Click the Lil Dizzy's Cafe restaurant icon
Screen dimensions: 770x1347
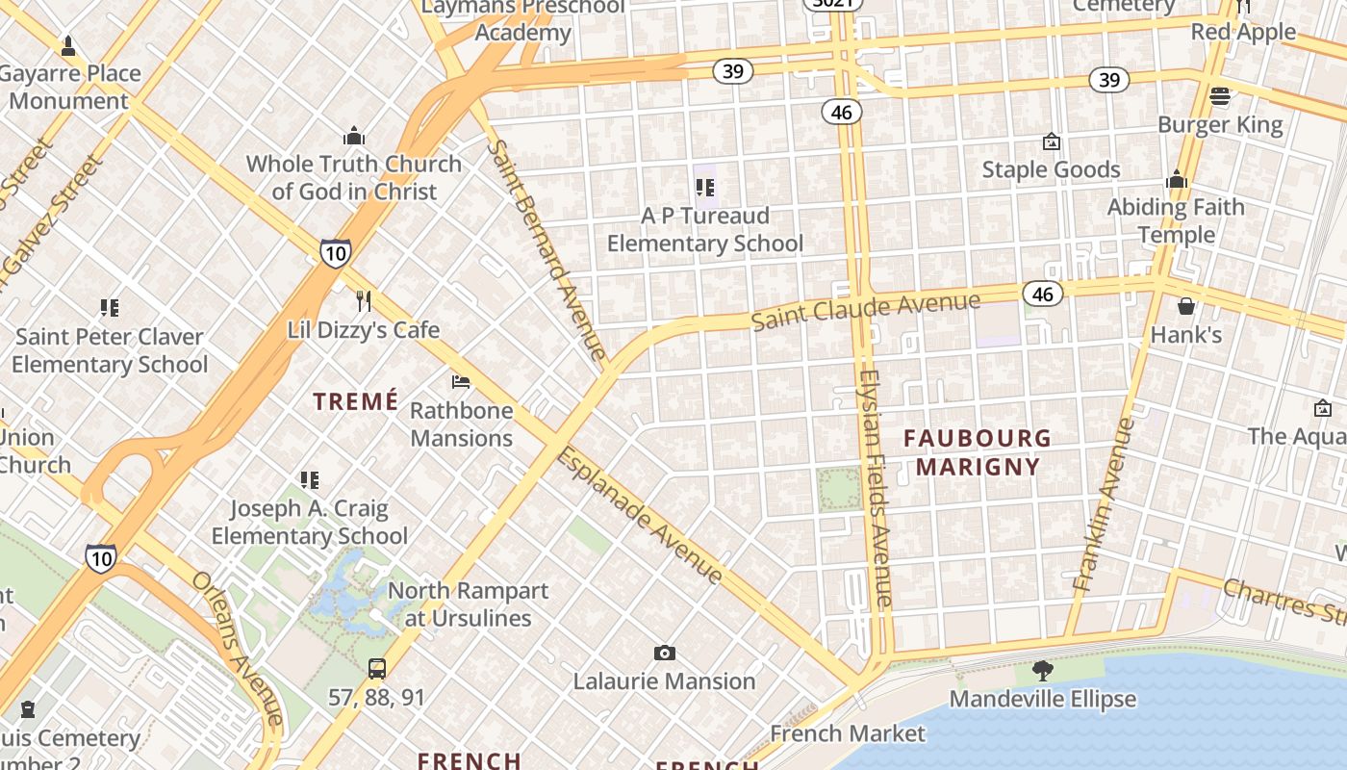[x=364, y=301]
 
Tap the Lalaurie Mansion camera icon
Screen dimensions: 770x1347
[x=664, y=654]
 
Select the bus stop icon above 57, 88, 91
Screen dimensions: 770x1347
[x=377, y=668]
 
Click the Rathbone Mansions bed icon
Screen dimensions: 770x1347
[x=461, y=382]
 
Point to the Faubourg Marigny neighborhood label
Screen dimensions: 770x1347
[x=978, y=452]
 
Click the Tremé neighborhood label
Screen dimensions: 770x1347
[x=356, y=401]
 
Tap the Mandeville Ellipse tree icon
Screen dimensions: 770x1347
[x=1042, y=671]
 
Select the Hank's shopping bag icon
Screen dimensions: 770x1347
[x=1186, y=306]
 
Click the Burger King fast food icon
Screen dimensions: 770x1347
[x=1220, y=96]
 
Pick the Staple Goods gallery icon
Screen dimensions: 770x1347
[x=1052, y=141]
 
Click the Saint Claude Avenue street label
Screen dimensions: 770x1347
[x=865, y=310]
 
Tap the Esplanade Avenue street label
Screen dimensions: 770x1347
[x=640, y=515]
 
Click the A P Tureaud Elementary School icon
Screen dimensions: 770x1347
[x=705, y=187]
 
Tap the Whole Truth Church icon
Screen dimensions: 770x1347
[x=354, y=136]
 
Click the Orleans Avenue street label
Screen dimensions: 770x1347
[x=238, y=647]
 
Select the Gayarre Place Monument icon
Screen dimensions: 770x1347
[x=68, y=45]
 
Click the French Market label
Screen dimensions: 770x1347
[x=848, y=733]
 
